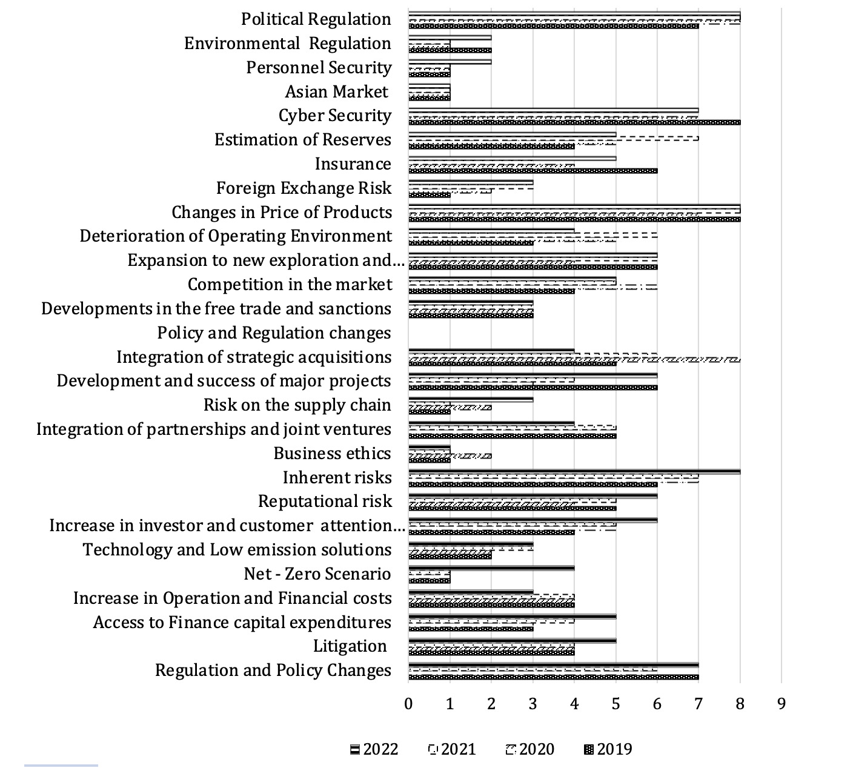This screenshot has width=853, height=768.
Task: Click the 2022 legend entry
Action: click(374, 749)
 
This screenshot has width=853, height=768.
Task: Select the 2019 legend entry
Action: click(608, 749)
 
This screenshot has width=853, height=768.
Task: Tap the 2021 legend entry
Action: click(452, 749)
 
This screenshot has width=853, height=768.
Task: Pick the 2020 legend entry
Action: click(530, 749)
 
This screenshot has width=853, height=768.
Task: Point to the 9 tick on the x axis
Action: click(782, 704)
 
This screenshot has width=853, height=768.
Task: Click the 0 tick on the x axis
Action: click(408, 704)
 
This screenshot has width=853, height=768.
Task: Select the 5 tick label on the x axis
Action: click(616, 704)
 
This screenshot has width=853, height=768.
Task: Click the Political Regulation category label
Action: click(316, 19)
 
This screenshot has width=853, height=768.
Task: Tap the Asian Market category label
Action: click(336, 91)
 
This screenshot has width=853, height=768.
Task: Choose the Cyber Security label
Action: click(334, 116)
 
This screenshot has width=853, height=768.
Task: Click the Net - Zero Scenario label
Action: click(317, 574)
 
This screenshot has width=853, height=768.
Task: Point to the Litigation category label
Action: click(350, 646)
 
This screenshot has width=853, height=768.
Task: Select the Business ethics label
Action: click(332, 453)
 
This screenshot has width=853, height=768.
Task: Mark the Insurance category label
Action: click(353, 164)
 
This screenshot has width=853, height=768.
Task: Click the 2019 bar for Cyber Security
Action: click(574, 122)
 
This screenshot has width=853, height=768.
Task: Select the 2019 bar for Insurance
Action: click(533, 171)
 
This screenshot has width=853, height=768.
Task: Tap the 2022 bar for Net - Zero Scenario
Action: click(491, 568)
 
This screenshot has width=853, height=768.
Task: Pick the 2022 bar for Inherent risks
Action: click(574, 472)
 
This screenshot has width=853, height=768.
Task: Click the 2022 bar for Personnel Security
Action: click(450, 62)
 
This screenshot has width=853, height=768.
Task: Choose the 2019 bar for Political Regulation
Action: click(554, 27)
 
